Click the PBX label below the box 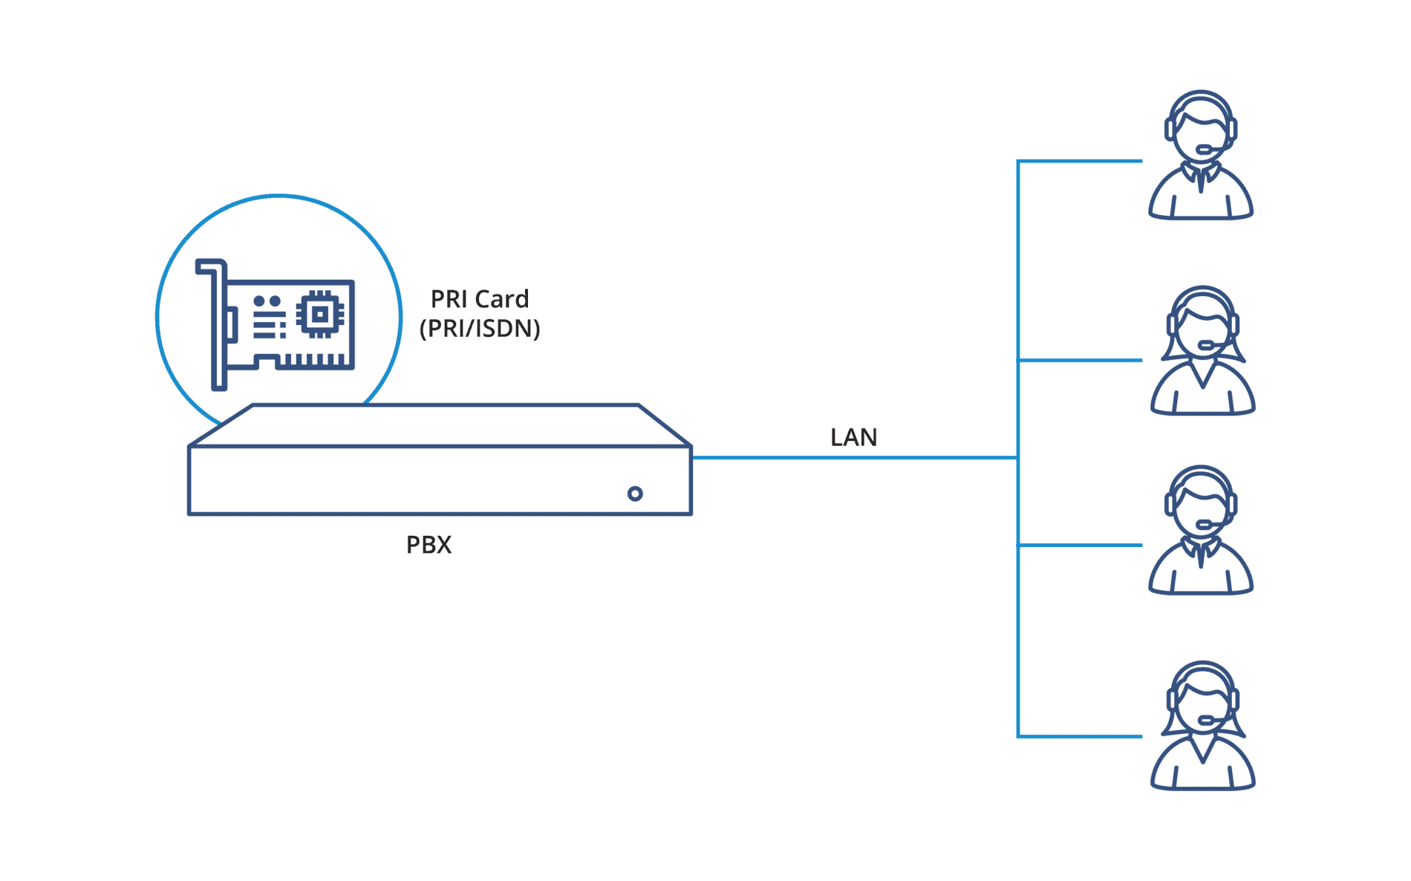coord(428,545)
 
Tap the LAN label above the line coord(853,437)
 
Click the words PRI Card coord(480,299)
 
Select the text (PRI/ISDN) coord(480,328)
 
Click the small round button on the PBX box coord(635,494)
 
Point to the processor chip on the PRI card coord(320,314)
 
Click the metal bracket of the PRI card coord(218,327)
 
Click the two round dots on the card coord(267,301)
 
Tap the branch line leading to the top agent coord(1081,161)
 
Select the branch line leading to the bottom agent coord(1081,736)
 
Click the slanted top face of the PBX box coord(438,425)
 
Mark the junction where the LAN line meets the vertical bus coord(1017,458)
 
